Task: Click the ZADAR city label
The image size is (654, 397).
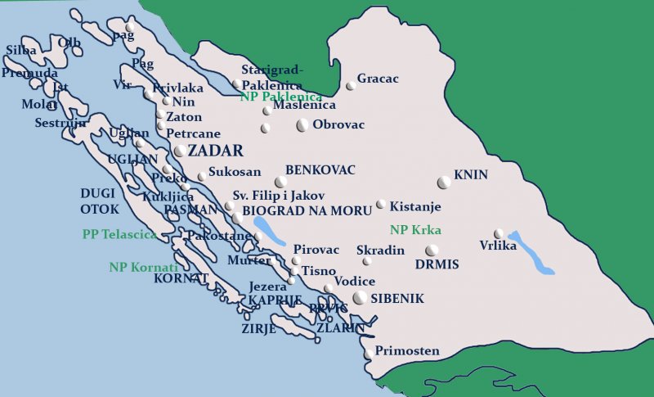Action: tap(216, 151)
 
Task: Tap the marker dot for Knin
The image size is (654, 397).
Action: tap(444, 182)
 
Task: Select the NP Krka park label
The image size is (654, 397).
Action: tap(415, 230)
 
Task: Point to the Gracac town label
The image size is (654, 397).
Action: tap(378, 79)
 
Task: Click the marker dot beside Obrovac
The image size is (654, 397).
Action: tap(302, 125)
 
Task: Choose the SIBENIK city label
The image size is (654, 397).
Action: tap(397, 299)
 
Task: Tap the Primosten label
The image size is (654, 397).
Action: tap(408, 351)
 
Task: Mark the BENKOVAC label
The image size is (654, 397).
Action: tap(320, 170)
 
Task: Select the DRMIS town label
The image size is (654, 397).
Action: tap(437, 264)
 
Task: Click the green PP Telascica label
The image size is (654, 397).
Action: tap(119, 234)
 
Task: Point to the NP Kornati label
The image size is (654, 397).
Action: tap(143, 267)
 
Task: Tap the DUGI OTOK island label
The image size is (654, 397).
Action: tap(100, 201)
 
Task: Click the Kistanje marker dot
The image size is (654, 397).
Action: tap(381, 205)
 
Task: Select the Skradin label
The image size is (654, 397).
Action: tap(380, 250)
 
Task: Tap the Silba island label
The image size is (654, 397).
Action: tap(21, 51)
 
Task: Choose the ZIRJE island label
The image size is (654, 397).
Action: tap(258, 328)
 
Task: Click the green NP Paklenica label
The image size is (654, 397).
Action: tap(281, 97)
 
